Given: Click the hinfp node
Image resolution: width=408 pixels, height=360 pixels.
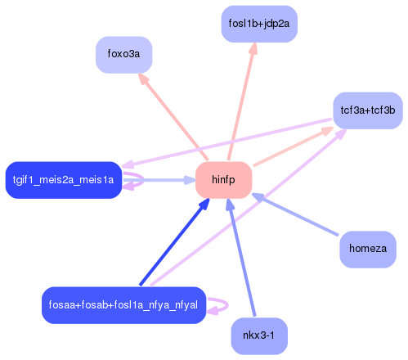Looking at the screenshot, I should (223, 180).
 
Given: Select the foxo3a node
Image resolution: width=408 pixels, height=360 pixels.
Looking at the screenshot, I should (123, 55).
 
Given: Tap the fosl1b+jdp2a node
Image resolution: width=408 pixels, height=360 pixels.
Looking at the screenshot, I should (259, 24).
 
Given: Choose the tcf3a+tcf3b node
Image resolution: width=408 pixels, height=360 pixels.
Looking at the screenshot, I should (367, 110).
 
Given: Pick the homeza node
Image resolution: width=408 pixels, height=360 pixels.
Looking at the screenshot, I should (367, 248).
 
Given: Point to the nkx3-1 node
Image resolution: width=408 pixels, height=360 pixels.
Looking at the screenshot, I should (259, 335).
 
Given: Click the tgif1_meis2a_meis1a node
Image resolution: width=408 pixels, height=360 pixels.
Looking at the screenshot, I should (63, 180).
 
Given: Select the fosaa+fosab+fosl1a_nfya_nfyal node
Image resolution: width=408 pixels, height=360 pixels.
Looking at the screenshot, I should (123, 305).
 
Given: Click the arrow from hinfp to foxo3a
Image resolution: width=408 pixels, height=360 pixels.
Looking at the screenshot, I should (173, 117).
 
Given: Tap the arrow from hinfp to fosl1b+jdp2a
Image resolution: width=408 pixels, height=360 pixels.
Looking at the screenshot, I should (241, 102).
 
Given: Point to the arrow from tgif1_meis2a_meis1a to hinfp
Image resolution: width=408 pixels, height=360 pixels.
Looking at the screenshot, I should (159, 180).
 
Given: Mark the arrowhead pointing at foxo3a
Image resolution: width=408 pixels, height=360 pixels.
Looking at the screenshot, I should (142, 80).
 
